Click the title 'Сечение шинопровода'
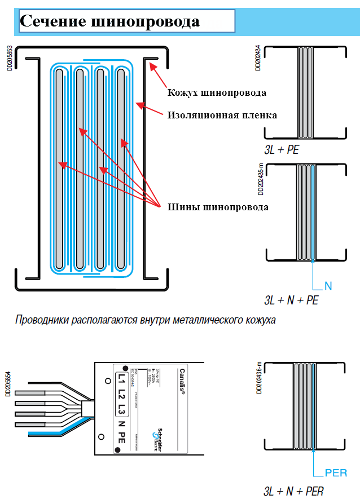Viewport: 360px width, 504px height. point(110,21)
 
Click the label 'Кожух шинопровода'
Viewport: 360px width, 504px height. point(217,92)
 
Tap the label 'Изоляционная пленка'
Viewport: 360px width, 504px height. point(222,115)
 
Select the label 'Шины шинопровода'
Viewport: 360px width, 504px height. point(218,207)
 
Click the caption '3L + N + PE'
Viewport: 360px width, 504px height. point(291,300)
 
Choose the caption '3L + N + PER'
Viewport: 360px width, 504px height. point(293,492)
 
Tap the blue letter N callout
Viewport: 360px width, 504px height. point(328,286)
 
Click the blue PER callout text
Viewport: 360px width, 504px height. point(336,472)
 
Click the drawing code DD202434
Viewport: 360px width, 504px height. point(258,58)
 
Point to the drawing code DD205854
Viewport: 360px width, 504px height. point(8,384)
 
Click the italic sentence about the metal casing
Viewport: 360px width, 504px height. point(146,321)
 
